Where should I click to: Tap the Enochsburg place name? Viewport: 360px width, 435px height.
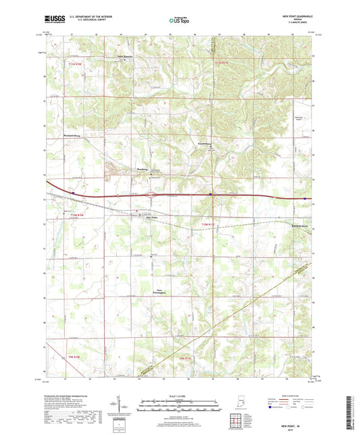(x=205, y=143)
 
